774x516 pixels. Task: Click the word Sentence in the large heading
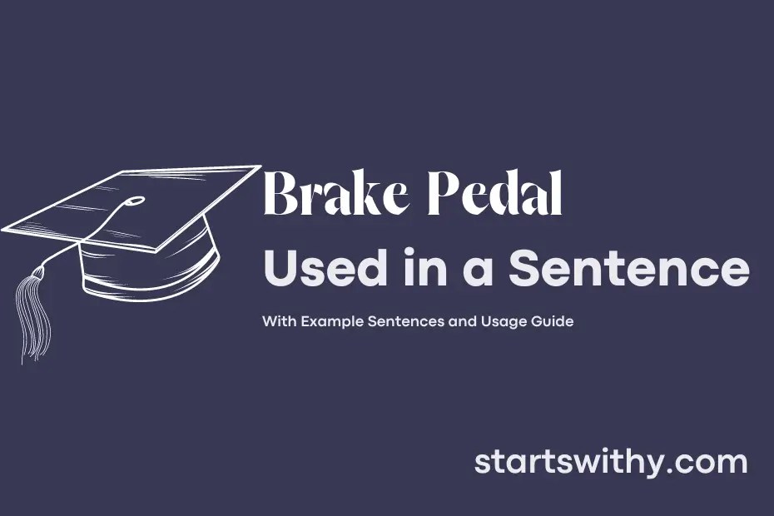tap(628, 270)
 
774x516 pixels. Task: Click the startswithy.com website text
tap(610, 463)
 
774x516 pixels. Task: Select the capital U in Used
tap(279, 270)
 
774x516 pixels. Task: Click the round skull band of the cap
tap(150, 266)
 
